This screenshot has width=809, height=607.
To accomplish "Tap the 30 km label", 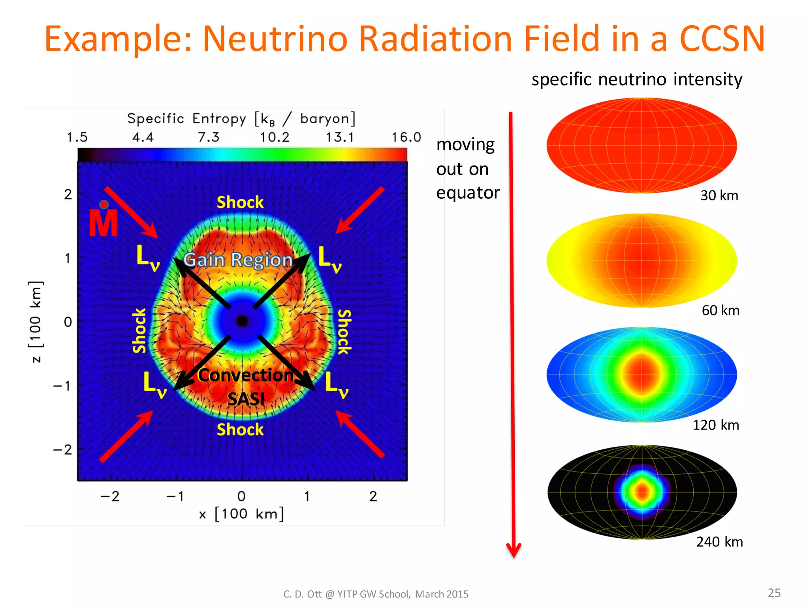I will tap(719, 196).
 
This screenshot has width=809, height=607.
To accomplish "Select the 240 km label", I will tap(719, 541).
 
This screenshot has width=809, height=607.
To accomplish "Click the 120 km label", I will tap(715, 425).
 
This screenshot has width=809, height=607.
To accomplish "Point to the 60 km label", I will tap(720, 310).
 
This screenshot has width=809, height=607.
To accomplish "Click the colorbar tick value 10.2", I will tap(275, 137).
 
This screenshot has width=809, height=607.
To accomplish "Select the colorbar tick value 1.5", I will tap(77, 137).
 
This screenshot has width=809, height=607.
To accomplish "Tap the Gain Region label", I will tap(238, 260).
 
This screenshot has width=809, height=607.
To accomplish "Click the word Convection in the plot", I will tap(246, 375).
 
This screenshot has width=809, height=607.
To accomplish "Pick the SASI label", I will tap(246, 399).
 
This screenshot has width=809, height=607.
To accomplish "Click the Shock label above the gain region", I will tap(240, 202).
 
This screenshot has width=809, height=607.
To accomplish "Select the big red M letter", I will tap(103, 222).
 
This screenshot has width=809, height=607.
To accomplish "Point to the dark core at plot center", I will tap(242, 321).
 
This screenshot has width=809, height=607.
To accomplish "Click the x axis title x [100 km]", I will tap(241, 514).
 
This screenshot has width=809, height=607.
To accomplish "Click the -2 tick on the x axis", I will tap(110, 496).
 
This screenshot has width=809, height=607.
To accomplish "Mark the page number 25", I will tap(774, 593).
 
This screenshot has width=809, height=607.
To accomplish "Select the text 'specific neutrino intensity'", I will tap(637, 79).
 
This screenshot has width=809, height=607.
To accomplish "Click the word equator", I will tap(468, 193).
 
